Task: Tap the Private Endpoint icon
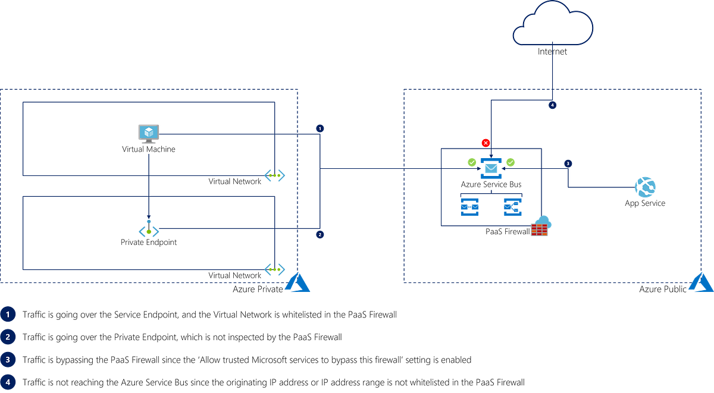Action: click(x=148, y=229)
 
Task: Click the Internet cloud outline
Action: click(x=553, y=24)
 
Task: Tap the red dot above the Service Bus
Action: click(x=485, y=143)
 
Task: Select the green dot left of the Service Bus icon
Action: click(x=471, y=161)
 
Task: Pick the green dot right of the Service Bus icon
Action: click(x=511, y=161)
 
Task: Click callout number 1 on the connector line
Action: click(x=320, y=128)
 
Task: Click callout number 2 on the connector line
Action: click(x=320, y=235)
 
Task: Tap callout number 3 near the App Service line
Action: click(x=568, y=163)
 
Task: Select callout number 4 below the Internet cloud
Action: click(x=553, y=106)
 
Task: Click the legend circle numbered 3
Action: click(x=8, y=359)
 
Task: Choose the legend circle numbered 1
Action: click(x=8, y=314)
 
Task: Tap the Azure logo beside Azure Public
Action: click(x=702, y=283)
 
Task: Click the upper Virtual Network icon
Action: click(x=275, y=176)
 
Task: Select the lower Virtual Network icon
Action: click(x=275, y=269)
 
